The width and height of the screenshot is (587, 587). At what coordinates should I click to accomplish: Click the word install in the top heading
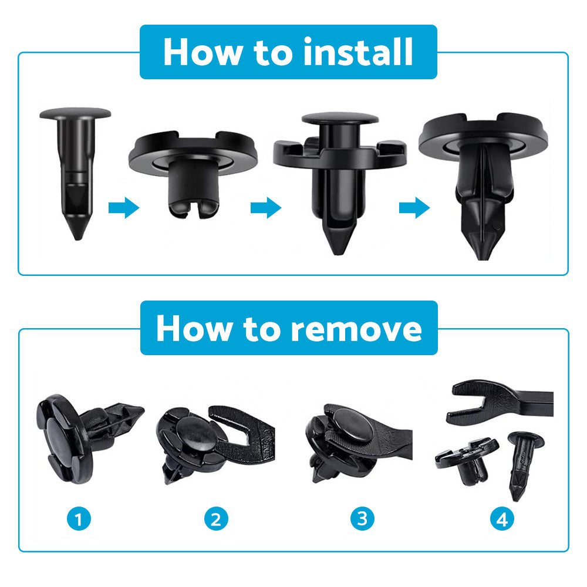click(358, 52)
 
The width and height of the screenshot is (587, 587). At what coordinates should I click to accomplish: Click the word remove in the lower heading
click(356, 329)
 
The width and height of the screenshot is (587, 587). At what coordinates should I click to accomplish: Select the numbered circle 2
click(216, 518)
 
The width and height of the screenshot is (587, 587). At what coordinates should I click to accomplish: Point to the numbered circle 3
click(362, 518)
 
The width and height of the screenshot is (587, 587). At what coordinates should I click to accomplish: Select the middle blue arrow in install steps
click(266, 208)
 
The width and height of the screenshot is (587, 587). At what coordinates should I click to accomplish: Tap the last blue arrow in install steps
click(414, 208)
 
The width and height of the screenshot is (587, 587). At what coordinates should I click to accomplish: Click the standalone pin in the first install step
click(75, 164)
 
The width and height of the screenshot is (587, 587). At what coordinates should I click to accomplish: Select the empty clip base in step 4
click(467, 461)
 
